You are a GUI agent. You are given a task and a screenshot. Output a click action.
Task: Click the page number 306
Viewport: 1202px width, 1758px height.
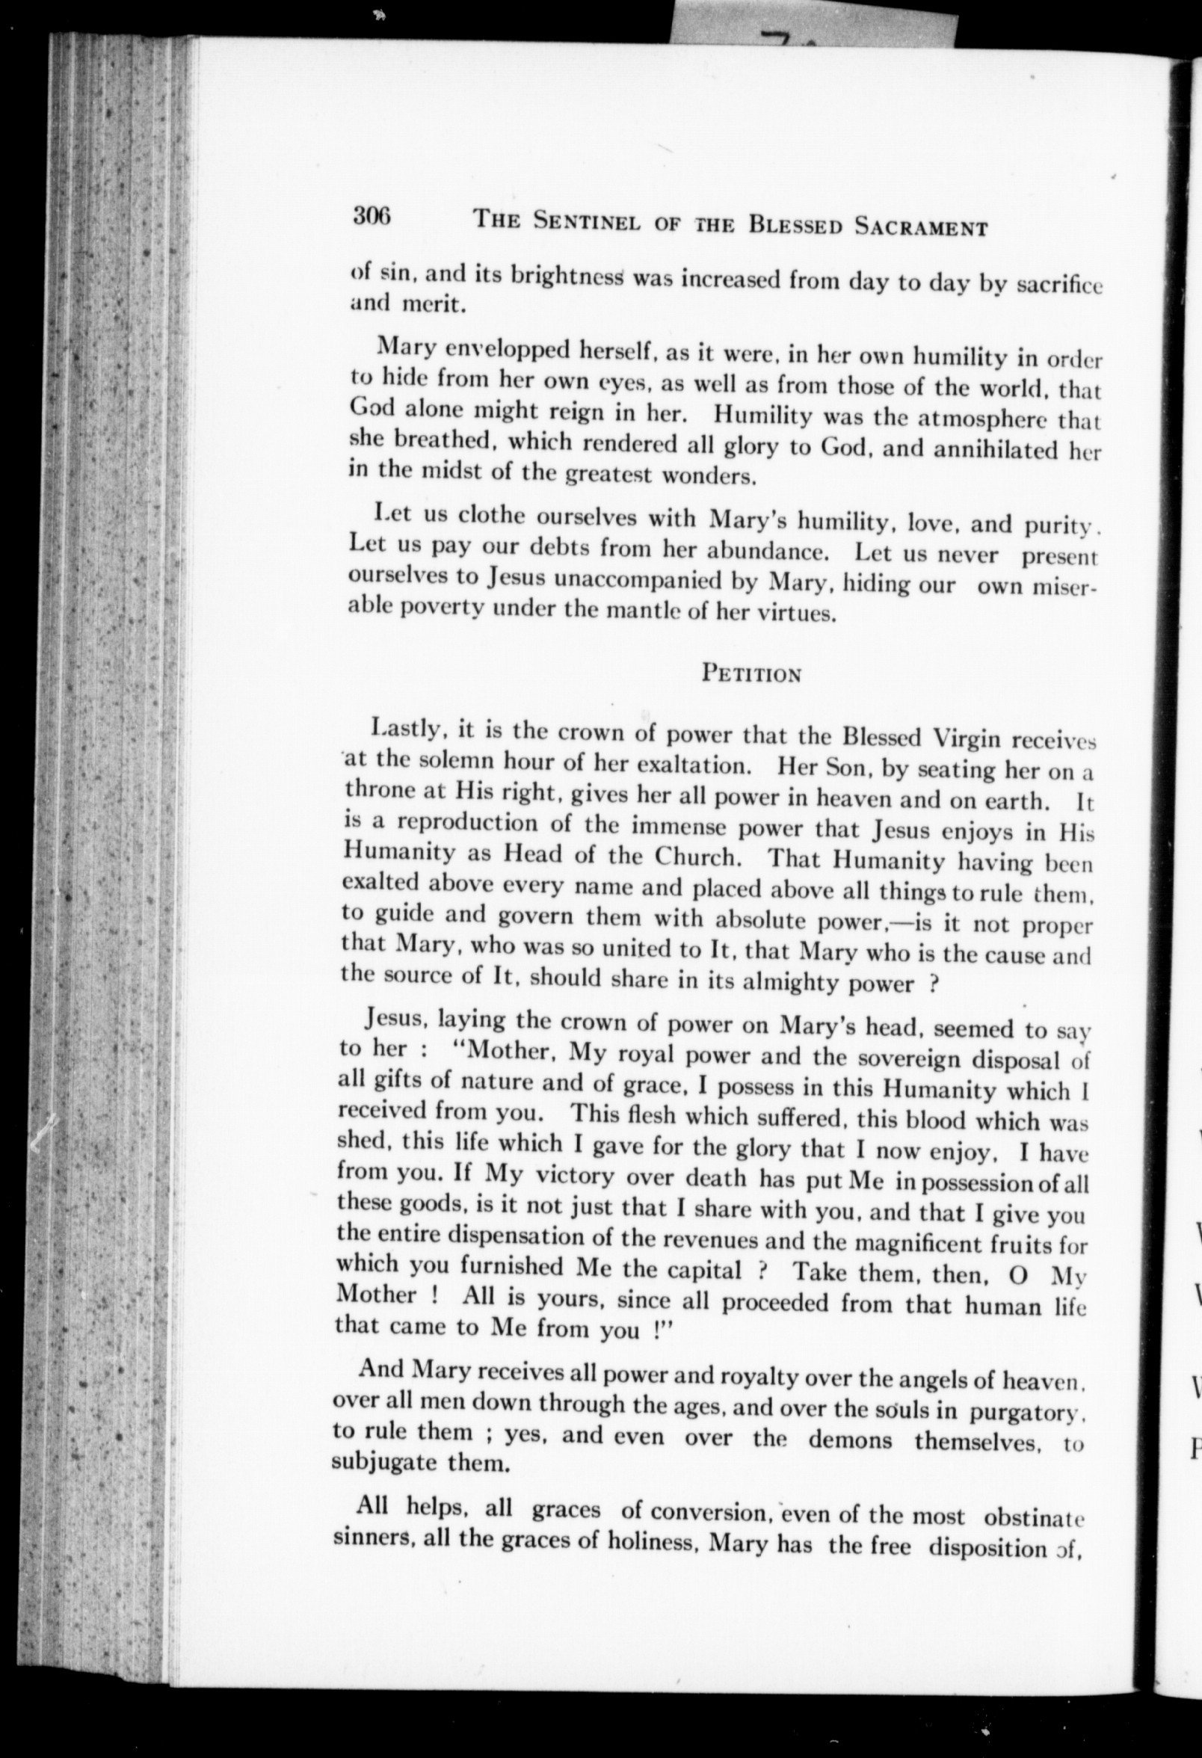[371, 217]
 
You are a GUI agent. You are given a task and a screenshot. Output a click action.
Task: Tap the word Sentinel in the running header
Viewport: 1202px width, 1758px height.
[588, 222]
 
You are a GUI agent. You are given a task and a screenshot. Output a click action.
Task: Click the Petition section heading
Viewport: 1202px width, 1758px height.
[751, 672]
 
